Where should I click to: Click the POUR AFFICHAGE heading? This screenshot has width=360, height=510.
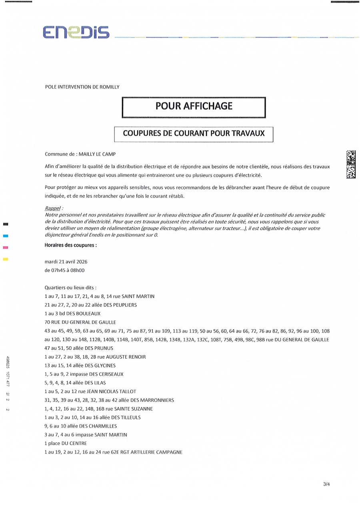pyautogui.click(x=194, y=106)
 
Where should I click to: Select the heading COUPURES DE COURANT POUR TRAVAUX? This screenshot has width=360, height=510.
pyautogui.click(x=194, y=134)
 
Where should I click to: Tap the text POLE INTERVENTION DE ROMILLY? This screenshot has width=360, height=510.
pyautogui.click(x=82, y=87)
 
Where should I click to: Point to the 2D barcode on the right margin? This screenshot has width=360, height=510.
pyautogui.click(x=351, y=164)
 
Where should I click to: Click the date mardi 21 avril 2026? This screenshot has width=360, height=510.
pyautogui.click(x=66, y=262)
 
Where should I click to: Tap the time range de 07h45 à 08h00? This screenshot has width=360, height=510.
pyautogui.click(x=65, y=270)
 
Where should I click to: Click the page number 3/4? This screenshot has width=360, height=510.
pyautogui.click(x=326, y=484)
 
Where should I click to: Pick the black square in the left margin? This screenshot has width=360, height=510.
pyautogui.click(x=6, y=224)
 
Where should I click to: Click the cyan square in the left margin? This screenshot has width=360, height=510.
pyautogui.click(x=6, y=236)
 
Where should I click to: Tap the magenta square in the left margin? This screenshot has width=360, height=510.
pyautogui.click(x=6, y=248)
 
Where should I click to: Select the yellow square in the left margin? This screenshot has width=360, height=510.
pyautogui.click(x=6, y=259)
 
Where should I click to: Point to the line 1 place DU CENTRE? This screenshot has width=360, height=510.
pyautogui.click(x=66, y=444)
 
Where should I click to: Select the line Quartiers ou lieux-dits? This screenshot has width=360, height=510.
pyautogui.click(x=71, y=288)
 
